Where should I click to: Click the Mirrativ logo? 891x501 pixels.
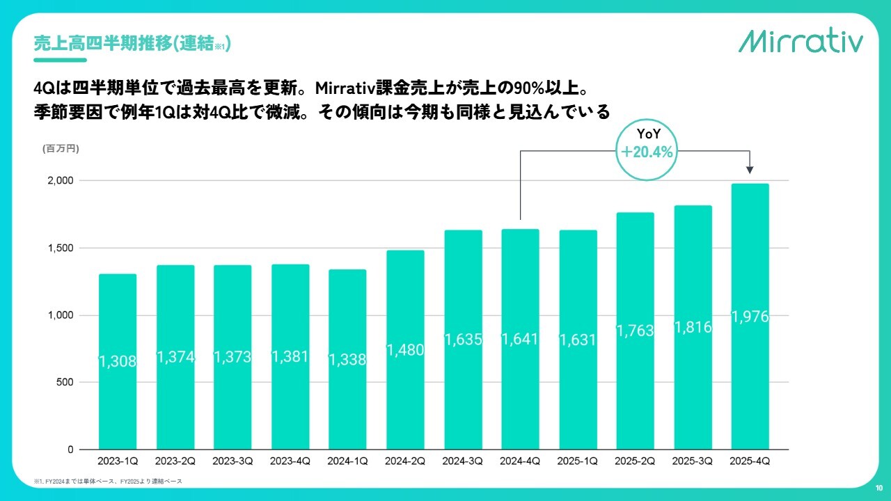(801, 41)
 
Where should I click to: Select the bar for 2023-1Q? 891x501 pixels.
(118, 362)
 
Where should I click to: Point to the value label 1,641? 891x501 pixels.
(520, 340)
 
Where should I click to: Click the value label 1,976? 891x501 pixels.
(750, 317)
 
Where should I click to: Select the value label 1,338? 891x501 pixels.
(347, 360)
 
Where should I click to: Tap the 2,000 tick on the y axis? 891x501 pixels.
(60, 181)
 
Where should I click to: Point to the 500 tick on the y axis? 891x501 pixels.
(64, 383)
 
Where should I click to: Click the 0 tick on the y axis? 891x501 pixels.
(70, 450)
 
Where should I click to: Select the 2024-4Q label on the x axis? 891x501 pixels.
(520, 461)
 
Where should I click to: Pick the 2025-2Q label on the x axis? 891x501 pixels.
(635, 461)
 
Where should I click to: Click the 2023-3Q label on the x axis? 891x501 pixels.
(232, 461)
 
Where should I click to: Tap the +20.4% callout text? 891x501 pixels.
(647, 152)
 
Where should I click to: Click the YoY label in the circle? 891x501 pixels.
(648, 134)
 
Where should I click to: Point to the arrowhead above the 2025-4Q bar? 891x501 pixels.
(750, 169)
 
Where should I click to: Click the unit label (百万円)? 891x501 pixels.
(61, 148)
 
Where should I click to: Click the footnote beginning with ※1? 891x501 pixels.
(108, 482)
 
